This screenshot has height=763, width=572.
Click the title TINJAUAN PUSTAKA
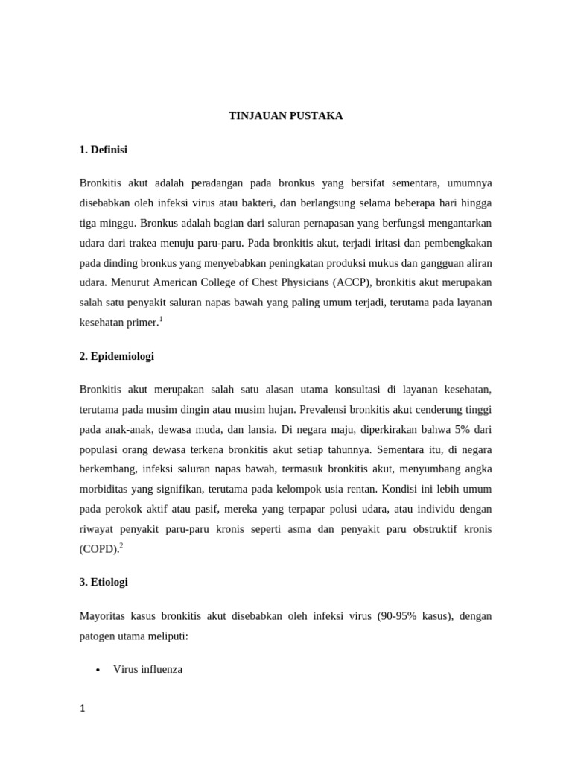tap(285, 115)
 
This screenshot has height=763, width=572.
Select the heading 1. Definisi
tap(103, 150)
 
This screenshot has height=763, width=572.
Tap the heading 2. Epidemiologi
tap(116, 356)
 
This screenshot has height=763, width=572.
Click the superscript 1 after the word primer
tap(160, 318)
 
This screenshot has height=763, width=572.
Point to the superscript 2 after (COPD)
tap(121, 545)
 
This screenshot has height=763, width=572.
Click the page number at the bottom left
tap(83, 708)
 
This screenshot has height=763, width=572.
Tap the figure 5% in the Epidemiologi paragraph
tap(456, 430)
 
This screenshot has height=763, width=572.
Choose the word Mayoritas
tap(103, 616)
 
